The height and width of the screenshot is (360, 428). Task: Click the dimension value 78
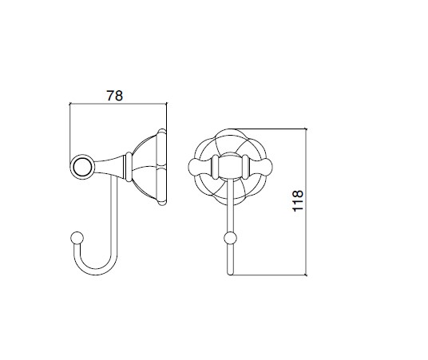pyautogui.click(x=115, y=96)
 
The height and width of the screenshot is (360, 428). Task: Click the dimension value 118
pyautogui.click(x=298, y=200)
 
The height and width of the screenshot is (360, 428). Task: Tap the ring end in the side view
pyautogui.click(x=82, y=167)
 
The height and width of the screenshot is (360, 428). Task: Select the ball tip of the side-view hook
pyautogui.click(x=77, y=238)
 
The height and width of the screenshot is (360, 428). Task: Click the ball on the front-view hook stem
pyautogui.click(x=230, y=238)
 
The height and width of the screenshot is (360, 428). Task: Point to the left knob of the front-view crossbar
pyautogui.click(x=200, y=167)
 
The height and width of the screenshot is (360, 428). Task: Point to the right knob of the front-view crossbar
pyautogui.click(x=260, y=167)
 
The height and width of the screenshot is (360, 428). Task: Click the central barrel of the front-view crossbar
pyautogui.click(x=231, y=167)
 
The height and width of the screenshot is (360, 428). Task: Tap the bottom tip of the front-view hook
pyautogui.click(x=231, y=273)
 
